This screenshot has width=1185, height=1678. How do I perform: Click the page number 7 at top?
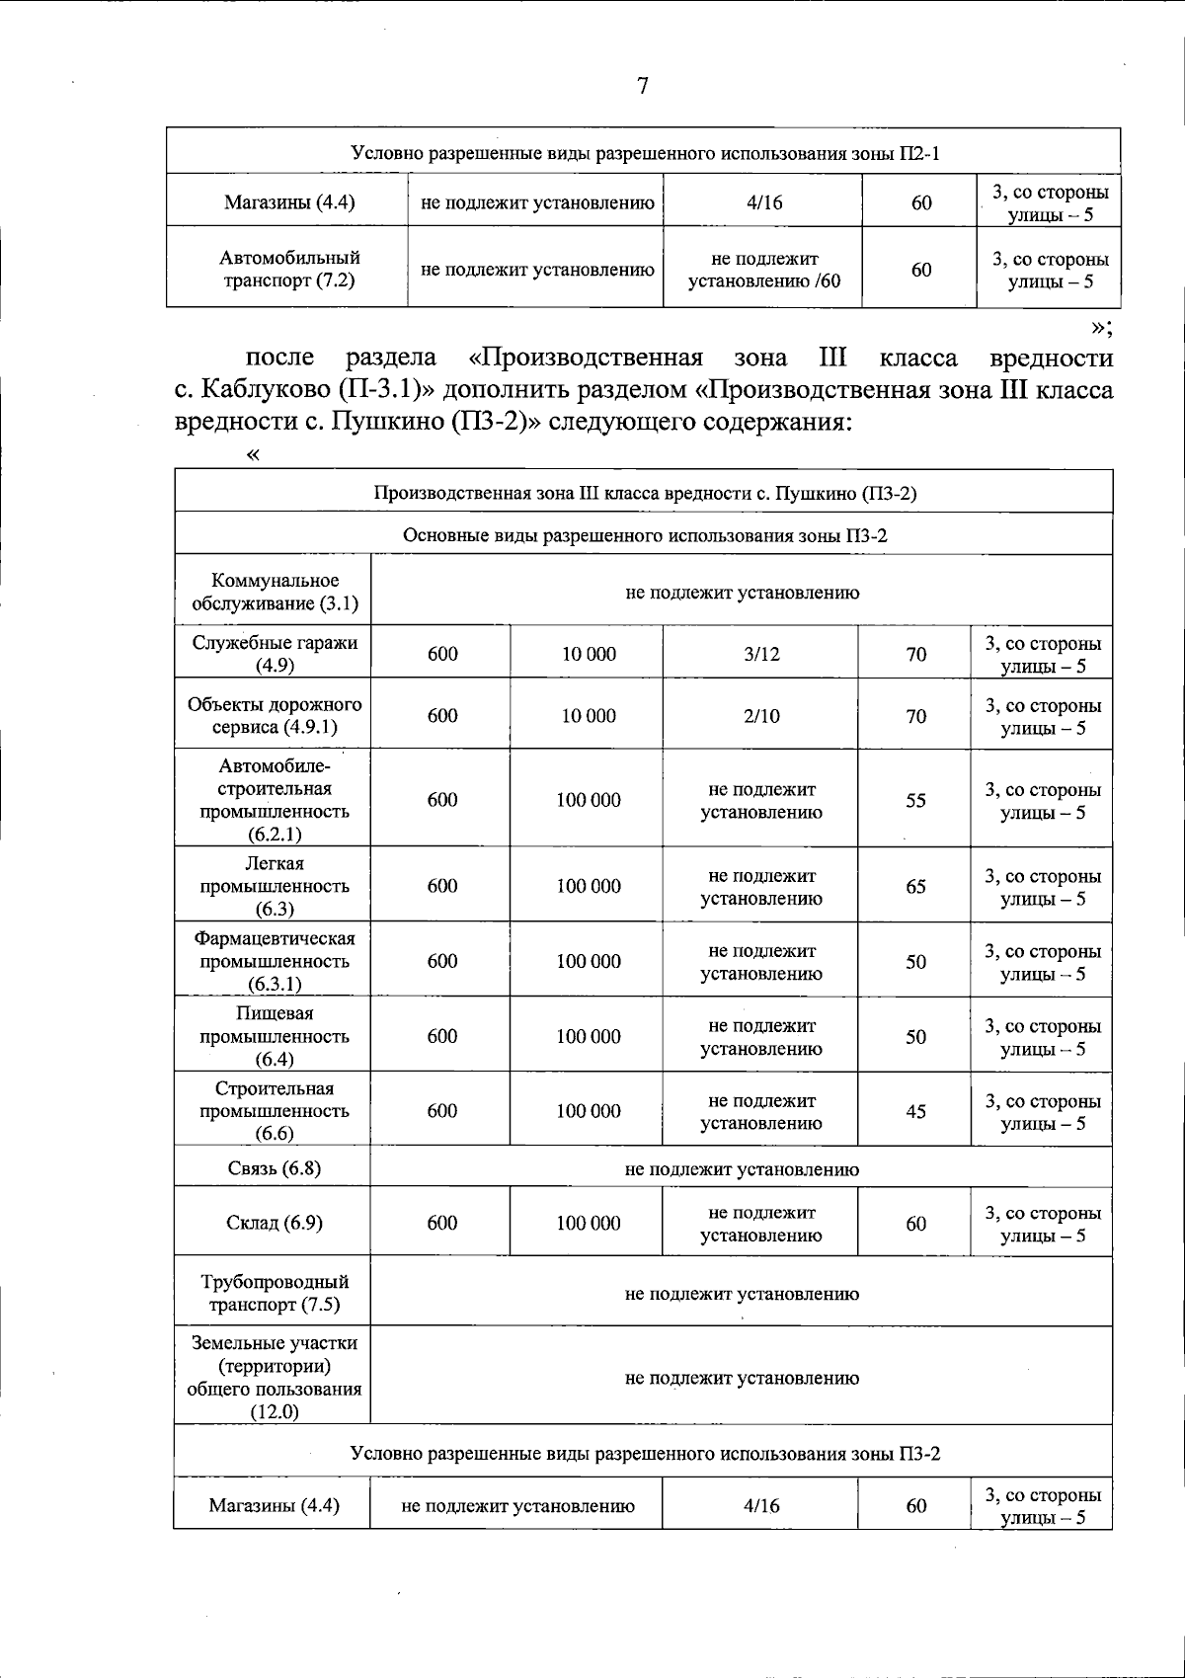(642, 87)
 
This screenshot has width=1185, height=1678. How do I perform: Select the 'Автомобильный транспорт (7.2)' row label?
(288, 269)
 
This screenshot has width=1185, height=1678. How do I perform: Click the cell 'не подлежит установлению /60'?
(763, 270)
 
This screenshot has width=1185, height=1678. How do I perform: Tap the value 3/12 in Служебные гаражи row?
(761, 654)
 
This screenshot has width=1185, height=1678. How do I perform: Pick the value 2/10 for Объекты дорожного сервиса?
(761, 716)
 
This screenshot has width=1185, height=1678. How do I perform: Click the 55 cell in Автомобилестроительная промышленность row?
(915, 800)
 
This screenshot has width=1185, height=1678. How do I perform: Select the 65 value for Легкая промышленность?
(915, 886)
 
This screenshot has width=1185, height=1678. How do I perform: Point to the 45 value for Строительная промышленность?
(915, 1111)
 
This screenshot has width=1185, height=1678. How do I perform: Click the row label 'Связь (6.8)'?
(274, 1168)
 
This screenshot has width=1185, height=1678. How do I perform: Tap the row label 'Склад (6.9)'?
(274, 1223)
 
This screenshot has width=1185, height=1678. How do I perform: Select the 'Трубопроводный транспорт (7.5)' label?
(274, 1293)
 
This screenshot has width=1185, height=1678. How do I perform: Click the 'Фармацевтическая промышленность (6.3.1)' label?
(274, 961)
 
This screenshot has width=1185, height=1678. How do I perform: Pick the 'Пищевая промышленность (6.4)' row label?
(274, 1036)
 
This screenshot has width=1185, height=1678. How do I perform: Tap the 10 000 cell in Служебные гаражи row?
(588, 654)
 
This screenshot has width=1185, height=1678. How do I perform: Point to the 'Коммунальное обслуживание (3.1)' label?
(274, 592)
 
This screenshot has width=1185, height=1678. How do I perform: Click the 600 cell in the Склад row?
(441, 1223)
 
